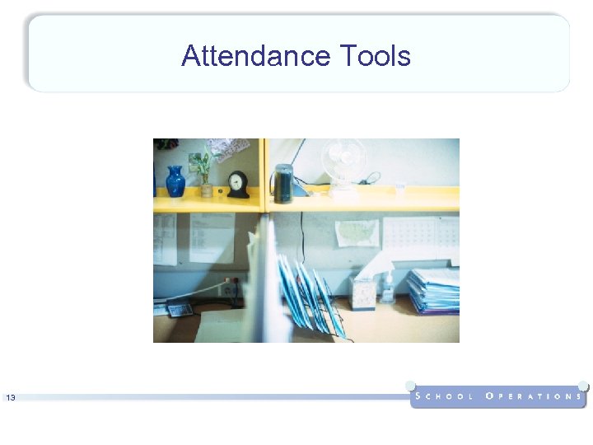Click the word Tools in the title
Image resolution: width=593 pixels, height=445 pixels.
pyautogui.click(x=375, y=56)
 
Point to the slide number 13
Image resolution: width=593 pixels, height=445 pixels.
pyautogui.click(x=11, y=398)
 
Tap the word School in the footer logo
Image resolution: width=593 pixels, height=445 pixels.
pyautogui.click(x=445, y=396)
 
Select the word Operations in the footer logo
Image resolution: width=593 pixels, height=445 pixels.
pyautogui.click(x=534, y=396)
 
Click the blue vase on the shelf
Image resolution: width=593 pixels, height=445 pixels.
pyautogui.click(x=175, y=181)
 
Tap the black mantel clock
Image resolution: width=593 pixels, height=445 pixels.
pyautogui.click(x=238, y=185)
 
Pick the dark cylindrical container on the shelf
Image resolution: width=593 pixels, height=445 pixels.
pyautogui.click(x=282, y=183)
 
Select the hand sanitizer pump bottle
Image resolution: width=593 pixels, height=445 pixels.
pyautogui.click(x=387, y=288)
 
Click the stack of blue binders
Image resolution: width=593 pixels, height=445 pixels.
pyautogui.click(x=433, y=291)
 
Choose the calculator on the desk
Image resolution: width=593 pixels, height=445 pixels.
pyautogui.click(x=179, y=309)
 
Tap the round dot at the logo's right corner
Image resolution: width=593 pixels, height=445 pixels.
pyautogui.click(x=582, y=385)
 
